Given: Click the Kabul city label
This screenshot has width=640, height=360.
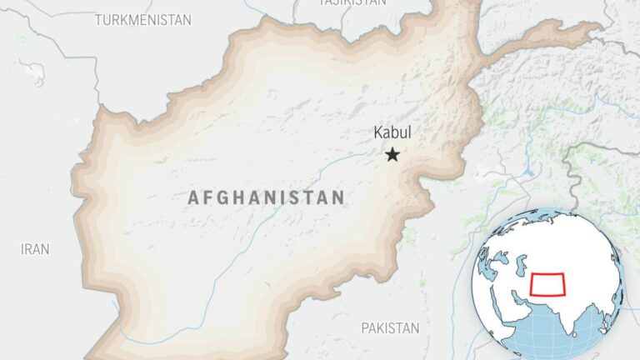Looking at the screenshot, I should (392, 132).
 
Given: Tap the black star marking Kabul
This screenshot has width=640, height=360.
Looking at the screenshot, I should (392, 154).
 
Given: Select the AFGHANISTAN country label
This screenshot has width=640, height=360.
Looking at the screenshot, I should (266, 197).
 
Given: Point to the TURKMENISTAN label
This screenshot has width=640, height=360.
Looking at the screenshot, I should (142, 19).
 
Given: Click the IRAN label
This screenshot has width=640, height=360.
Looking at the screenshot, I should (36, 248).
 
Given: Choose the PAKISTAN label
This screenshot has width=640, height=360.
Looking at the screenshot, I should (390, 328).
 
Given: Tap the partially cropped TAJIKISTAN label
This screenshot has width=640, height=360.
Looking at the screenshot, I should (352, 3).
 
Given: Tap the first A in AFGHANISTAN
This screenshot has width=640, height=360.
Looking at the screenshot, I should (193, 197).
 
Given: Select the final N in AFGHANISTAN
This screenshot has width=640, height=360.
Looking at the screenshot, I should (337, 197).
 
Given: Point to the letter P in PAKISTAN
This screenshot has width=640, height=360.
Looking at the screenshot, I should (365, 328).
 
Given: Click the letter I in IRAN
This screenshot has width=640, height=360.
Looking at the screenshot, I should (23, 248).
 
